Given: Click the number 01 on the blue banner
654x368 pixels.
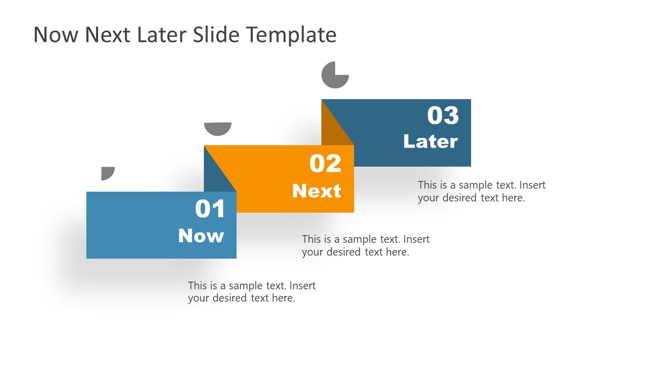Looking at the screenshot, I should point(210,209).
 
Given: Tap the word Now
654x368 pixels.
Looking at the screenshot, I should point(201,236).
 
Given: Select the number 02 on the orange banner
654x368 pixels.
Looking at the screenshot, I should point(325,164).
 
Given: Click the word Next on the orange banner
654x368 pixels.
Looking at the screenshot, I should point(316,191).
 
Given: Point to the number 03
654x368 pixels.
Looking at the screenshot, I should point(442,116).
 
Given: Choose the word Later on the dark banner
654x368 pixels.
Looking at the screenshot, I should point(430,142).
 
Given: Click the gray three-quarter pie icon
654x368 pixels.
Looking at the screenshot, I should point(335,75).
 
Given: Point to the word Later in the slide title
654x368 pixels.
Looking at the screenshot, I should point(162,35).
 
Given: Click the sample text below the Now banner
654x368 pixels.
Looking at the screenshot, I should point(251,292).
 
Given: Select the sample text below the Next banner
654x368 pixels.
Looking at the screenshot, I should point(365,245).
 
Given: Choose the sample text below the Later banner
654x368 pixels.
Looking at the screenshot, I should point(481,191).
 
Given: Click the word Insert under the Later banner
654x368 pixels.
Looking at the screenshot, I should point(532,185).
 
